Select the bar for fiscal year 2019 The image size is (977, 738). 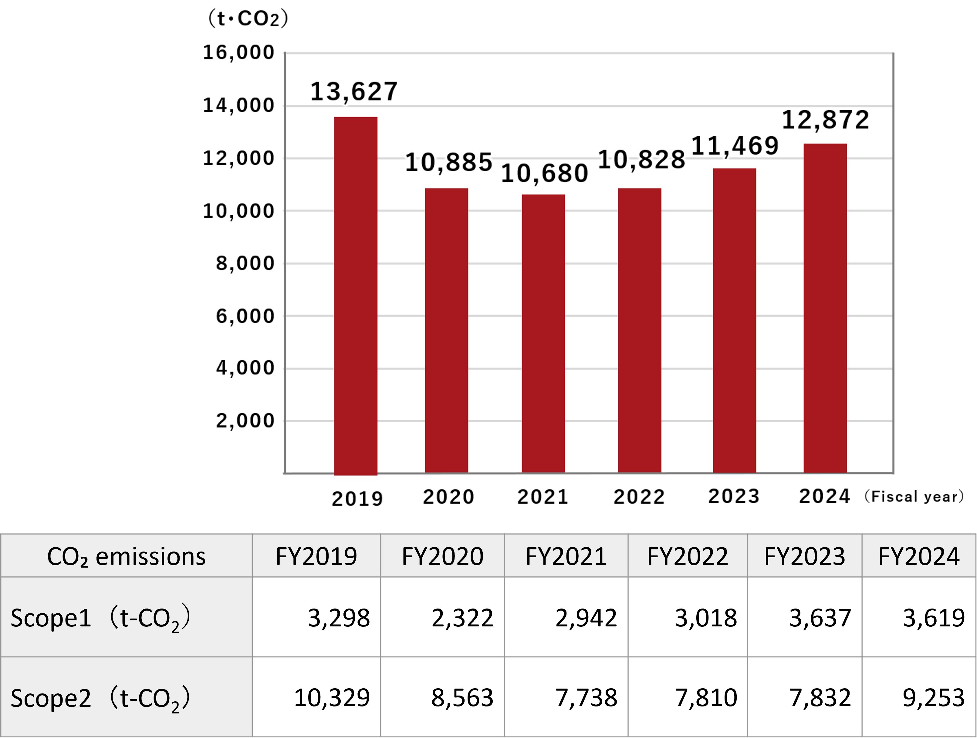pyautogui.click(x=356, y=296)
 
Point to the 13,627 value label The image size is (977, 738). pyautogui.click(x=354, y=92)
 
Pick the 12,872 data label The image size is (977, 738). pyautogui.click(x=825, y=120)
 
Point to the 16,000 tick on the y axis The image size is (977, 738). pyautogui.click(x=238, y=52)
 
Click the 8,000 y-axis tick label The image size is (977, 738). pyautogui.click(x=245, y=263)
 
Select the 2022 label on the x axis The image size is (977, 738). pyautogui.click(x=639, y=497)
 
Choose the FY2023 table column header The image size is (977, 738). pyautogui.click(x=804, y=556)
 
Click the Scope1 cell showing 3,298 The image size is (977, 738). pyautogui.click(x=339, y=618)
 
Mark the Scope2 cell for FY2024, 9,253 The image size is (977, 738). pyautogui.click(x=933, y=698)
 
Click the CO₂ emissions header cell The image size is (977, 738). pyautogui.click(x=126, y=556)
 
